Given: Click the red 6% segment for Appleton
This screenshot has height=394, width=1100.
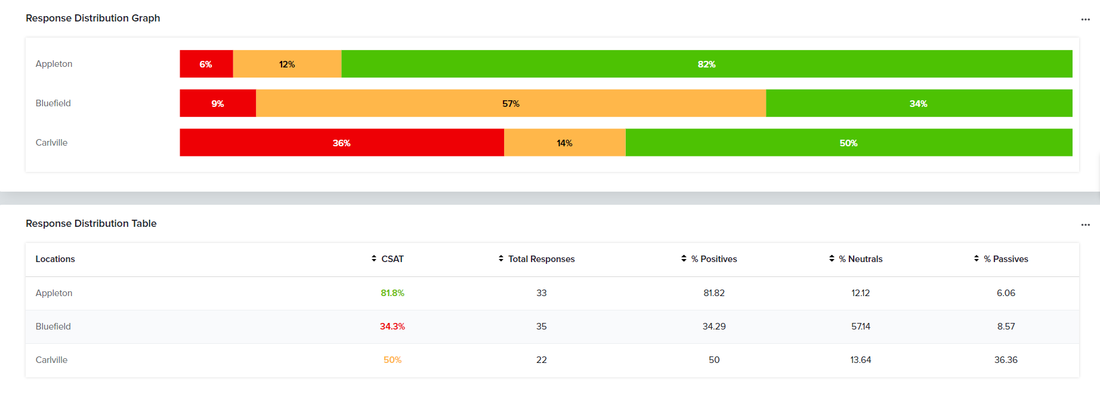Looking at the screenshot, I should pos(206,64).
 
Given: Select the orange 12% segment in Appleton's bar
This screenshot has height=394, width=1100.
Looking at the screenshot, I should pos(287,64).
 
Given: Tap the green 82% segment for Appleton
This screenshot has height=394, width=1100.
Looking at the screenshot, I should pos(706,64).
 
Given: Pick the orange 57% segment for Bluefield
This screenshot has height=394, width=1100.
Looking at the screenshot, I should pos(511,103).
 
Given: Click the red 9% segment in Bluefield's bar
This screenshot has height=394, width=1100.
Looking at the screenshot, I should pos(218,103).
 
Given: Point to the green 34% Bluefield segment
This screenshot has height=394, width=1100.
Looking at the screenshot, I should pos(918,103).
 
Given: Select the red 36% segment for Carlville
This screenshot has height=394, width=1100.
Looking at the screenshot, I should pos(341,143).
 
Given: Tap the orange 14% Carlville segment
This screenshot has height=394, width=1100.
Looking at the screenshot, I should pos(564,143).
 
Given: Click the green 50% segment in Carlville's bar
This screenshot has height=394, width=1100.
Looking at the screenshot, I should pos(848,143).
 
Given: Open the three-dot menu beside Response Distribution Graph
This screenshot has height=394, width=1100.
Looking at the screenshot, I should pos(1085,20).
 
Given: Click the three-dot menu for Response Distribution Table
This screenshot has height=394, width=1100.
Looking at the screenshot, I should pos(1085,225).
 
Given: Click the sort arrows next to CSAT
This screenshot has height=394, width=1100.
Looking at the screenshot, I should pos(374,258).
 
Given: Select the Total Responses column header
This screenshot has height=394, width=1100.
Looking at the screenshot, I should pos(541,259).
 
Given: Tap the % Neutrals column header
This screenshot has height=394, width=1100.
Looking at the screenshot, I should pos(860,259).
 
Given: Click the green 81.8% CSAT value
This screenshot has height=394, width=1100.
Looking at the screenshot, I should pos(393,293).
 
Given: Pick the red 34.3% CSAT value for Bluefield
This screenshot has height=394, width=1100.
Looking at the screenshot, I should pos(393,327).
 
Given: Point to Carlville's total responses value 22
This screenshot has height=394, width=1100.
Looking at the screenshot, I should pos(542,360).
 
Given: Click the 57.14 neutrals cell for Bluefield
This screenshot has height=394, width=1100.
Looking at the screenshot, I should pos(860,327).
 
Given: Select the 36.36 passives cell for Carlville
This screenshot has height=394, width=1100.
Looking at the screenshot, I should pos(1006,360).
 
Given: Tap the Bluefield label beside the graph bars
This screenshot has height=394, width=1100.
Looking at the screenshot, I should pos(53,103).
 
